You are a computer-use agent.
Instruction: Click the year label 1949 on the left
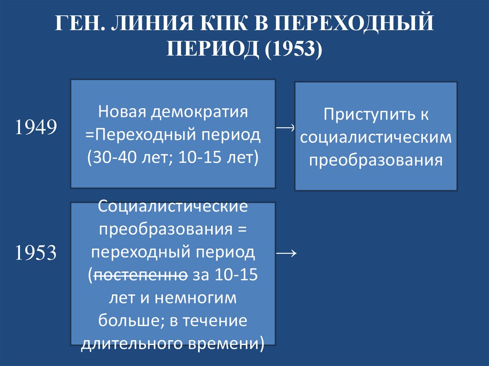coord(36,127)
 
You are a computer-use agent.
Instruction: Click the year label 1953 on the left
coord(36,253)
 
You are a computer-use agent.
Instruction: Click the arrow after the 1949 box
coord(286,127)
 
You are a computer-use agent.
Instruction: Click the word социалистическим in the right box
coord(376,137)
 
